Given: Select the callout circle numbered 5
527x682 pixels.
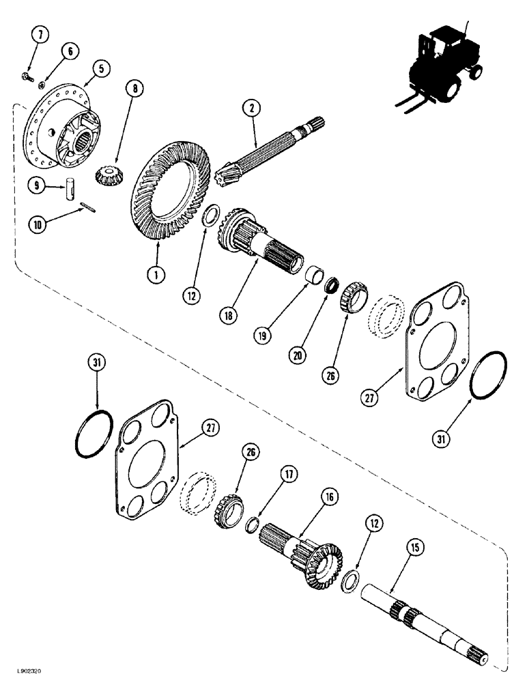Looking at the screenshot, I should [x=100, y=68].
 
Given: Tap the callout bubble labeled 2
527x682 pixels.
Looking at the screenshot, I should [x=252, y=107].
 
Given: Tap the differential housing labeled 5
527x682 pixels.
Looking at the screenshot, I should [x=61, y=130].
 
